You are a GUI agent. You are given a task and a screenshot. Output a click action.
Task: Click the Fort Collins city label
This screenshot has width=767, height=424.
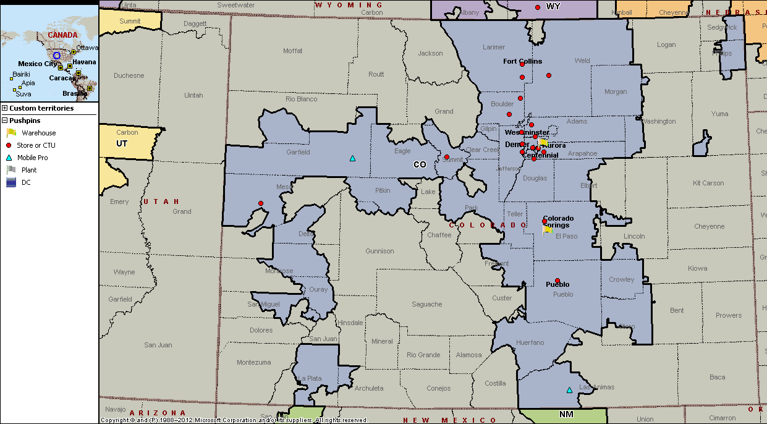[x=522, y=61]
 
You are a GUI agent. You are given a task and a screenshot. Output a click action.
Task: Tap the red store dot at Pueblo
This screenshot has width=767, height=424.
[x=557, y=281]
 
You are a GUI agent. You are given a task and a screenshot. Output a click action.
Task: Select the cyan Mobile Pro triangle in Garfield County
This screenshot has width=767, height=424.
[x=352, y=158]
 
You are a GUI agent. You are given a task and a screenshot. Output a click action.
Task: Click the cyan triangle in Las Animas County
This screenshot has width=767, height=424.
[x=569, y=390]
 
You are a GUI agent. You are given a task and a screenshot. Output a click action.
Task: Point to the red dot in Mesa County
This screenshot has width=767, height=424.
[x=261, y=203]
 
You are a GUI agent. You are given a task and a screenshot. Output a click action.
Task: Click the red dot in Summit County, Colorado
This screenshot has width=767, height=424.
[x=447, y=157]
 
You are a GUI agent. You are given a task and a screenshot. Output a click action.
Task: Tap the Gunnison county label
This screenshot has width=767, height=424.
[x=379, y=251]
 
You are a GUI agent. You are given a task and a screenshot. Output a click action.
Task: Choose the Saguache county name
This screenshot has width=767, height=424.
[x=426, y=304]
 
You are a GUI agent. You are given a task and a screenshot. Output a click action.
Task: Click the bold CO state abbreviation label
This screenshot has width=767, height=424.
[x=420, y=164]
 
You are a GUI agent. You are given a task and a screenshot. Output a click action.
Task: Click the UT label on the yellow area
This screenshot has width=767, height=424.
[x=122, y=143]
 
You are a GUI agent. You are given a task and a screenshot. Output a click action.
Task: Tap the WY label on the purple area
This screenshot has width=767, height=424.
[x=553, y=6]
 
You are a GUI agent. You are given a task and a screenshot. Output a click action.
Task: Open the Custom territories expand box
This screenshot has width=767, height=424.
[x=5, y=108]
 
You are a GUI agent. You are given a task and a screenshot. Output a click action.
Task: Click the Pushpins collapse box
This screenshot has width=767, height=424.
[x=5, y=121]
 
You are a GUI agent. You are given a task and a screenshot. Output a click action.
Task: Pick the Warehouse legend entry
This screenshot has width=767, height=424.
[x=38, y=133]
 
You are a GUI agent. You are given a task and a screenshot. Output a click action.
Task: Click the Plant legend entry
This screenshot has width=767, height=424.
[x=29, y=170]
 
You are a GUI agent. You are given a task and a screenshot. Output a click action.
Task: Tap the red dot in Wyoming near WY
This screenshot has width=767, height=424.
[x=538, y=7]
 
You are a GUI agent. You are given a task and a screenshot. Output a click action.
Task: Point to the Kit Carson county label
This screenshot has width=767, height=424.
[x=708, y=183]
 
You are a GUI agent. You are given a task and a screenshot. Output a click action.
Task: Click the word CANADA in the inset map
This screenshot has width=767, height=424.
[x=62, y=35]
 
